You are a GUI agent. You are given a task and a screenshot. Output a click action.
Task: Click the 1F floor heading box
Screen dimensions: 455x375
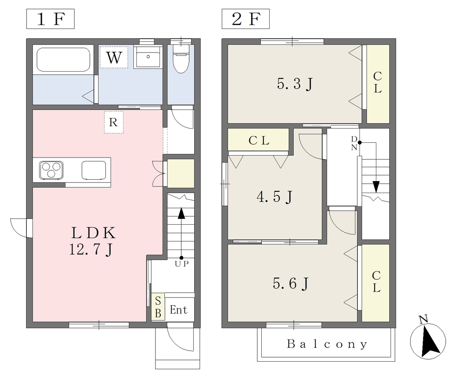pyautogui.click(x=50, y=19)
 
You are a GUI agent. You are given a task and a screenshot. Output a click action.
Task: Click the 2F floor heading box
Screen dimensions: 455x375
pyautogui.click(x=245, y=19)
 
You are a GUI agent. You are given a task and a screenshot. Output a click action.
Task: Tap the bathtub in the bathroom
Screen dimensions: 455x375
pyautogui.click(x=63, y=60)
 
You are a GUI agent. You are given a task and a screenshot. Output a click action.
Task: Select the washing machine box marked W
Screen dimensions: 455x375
pyautogui.click(x=114, y=57)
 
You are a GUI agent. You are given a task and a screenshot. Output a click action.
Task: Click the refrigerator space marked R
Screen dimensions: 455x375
pyautogui.click(x=114, y=122)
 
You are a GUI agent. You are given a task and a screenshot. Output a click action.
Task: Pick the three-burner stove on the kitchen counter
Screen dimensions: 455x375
pyautogui.click(x=52, y=169)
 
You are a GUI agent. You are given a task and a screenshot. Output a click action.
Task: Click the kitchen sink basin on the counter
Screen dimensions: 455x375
pyautogui.click(x=93, y=170)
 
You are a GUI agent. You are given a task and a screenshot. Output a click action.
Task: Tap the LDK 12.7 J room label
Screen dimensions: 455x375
pyautogui.click(x=93, y=241)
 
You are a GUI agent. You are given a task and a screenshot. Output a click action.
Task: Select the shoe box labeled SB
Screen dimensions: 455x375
pyautogui.click(x=158, y=307)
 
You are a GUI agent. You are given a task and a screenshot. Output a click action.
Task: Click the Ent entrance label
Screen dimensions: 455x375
pyautogui.click(x=179, y=310)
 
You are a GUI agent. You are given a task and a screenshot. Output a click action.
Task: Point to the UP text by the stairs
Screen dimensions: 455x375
pyautogui.click(x=182, y=264)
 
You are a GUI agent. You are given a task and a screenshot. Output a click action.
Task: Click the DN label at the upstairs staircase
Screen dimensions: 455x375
pyautogui.click(x=354, y=143)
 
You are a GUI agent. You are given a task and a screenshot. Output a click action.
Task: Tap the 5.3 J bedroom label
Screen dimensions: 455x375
pyautogui.click(x=295, y=84)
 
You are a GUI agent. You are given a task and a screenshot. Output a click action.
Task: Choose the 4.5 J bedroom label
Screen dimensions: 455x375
pyautogui.click(x=275, y=197)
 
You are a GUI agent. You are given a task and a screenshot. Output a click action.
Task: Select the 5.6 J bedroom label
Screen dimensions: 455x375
pyautogui.click(x=291, y=283)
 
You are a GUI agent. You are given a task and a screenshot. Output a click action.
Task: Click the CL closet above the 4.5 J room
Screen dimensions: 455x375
pyautogui.click(x=259, y=141)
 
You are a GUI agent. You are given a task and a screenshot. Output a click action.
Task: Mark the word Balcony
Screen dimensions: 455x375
pyautogui.click(x=327, y=344)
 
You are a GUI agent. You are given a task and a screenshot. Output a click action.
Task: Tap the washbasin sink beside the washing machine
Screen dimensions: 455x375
pyautogui.click(x=148, y=57)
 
